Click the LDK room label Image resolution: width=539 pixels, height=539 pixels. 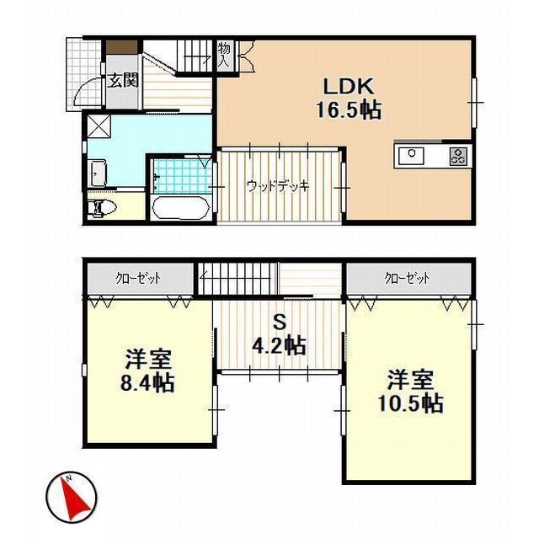(349, 86)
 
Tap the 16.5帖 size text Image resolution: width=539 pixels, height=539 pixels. (349, 110)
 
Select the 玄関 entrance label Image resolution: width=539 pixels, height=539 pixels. (122, 80)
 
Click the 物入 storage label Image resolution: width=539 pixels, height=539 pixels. (226, 54)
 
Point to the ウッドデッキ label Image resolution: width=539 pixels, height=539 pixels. (279, 186)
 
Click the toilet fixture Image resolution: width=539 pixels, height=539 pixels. (102, 208)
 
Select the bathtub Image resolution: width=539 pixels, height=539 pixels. (181, 208)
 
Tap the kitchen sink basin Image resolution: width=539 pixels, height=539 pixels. (412, 156)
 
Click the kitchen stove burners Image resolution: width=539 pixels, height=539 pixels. (459, 156)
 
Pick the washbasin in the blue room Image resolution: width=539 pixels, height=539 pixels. (98, 174)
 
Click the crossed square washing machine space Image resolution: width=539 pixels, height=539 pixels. (99, 126)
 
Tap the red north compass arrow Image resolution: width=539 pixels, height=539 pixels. (74, 498)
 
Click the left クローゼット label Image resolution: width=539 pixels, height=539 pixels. (138, 278)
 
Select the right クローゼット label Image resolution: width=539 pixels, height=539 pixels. (408, 278)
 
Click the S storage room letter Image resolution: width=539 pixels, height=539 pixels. (280, 323)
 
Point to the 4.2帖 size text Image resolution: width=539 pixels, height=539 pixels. (279, 345)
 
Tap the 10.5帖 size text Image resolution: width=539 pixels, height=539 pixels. (410, 403)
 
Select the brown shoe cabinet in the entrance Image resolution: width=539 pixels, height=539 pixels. (121, 47)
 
